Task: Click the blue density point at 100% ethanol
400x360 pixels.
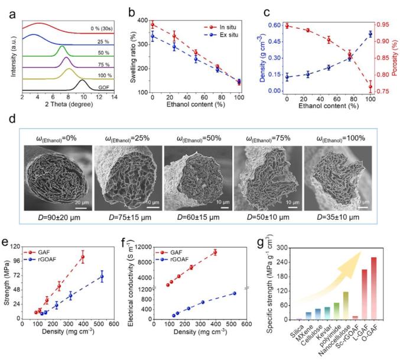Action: click(370, 34)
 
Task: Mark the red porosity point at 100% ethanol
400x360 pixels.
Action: click(370, 87)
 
